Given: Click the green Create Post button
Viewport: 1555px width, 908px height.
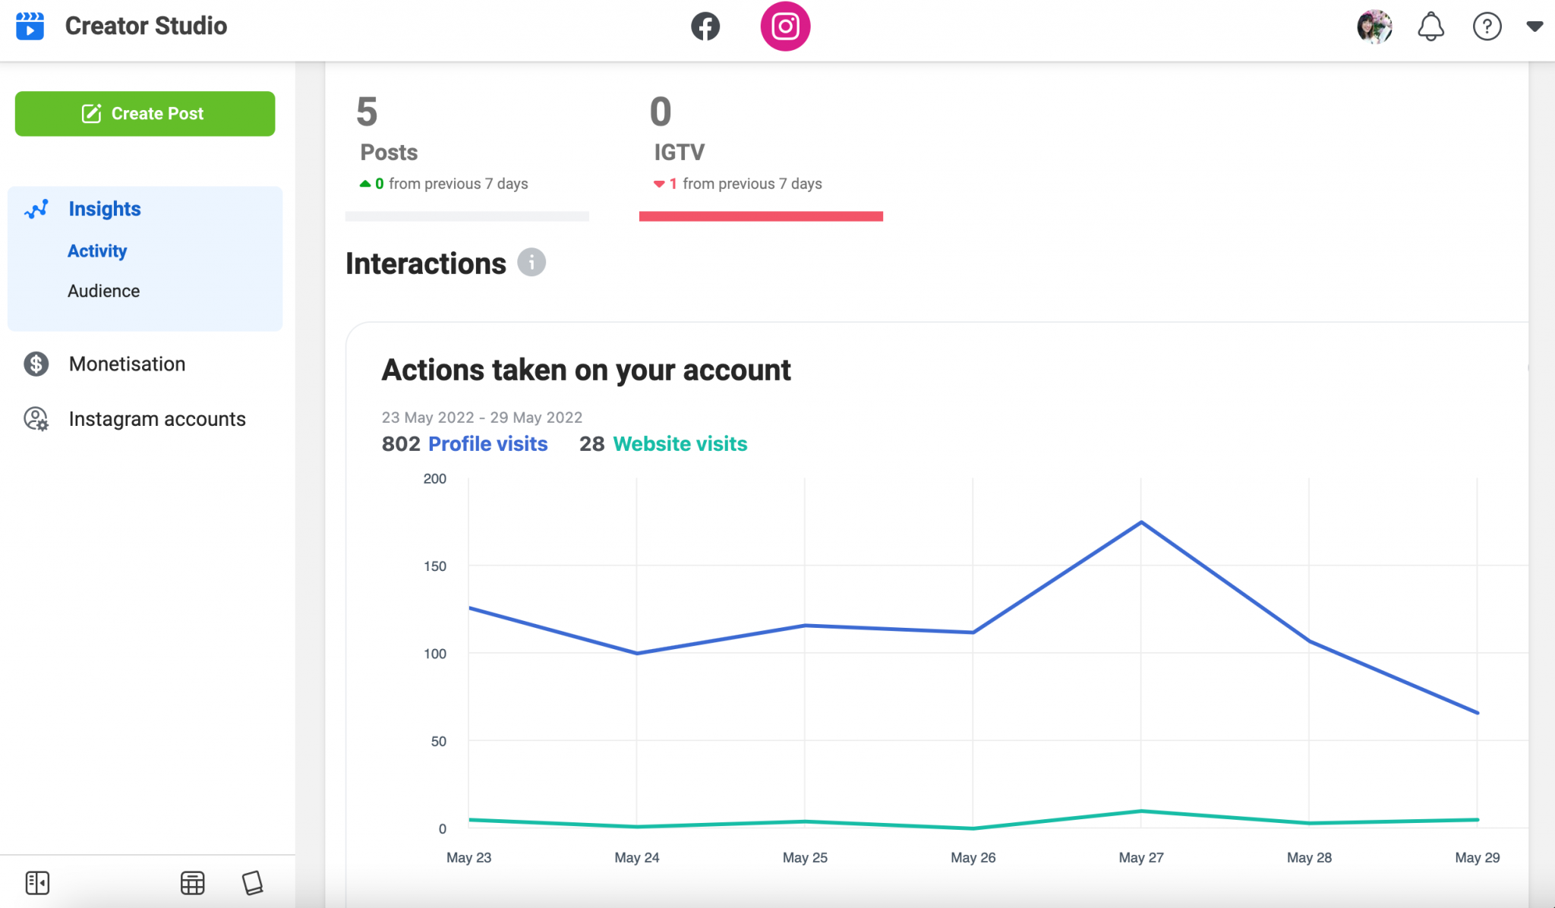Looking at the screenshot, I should pyautogui.click(x=144, y=114).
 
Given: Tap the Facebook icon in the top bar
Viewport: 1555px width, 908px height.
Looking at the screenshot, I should pyautogui.click(x=705, y=27).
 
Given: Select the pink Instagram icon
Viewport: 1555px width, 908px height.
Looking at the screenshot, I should pyautogui.click(x=785, y=27).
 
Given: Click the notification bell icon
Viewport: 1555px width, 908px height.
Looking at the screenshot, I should pyautogui.click(x=1430, y=27).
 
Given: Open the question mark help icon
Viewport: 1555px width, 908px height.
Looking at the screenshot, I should pyautogui.click(x=1487, y=27).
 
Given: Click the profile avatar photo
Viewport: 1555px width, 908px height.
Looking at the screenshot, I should pyautogui.click(x=1374, y=27).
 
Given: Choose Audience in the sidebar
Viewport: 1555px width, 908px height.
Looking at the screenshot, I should pyautogui.click(x=103, y=291).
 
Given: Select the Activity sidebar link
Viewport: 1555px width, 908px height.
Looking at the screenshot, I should pyautogui.click(x=97, y=251).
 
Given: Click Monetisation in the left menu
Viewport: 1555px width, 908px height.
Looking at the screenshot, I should pyautogui.click(x=127, y=364).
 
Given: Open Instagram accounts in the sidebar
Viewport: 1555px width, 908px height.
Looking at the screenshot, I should pyautogui.click(x=157, y=419).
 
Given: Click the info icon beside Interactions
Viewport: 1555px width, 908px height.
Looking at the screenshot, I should pyautogui.click(x=531, y=263).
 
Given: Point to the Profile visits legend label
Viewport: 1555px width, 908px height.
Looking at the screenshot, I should pyautogui.click(x=487, y=443).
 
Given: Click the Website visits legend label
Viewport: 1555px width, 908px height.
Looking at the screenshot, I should pyautogui.click(x=680, y=443).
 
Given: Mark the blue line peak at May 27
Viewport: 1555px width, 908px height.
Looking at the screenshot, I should pyautogui.click(x=1141, y=522).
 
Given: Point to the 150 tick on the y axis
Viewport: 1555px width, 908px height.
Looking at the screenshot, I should pyautogui.click(x=435, y=566).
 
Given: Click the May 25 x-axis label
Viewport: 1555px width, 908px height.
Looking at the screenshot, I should pyautogui.click(x=805, y=857).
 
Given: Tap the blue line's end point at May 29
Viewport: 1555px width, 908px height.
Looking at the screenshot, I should pyautogui.click(x=1477, y=713).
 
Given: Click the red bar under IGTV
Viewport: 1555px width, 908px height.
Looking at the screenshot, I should pyautogui.click(x=761, y=216).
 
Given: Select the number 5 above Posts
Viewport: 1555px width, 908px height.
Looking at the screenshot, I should pyautogui.click(x=367, y=112).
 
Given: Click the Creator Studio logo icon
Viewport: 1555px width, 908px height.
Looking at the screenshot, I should pyautogui.click(x=30, y=26).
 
